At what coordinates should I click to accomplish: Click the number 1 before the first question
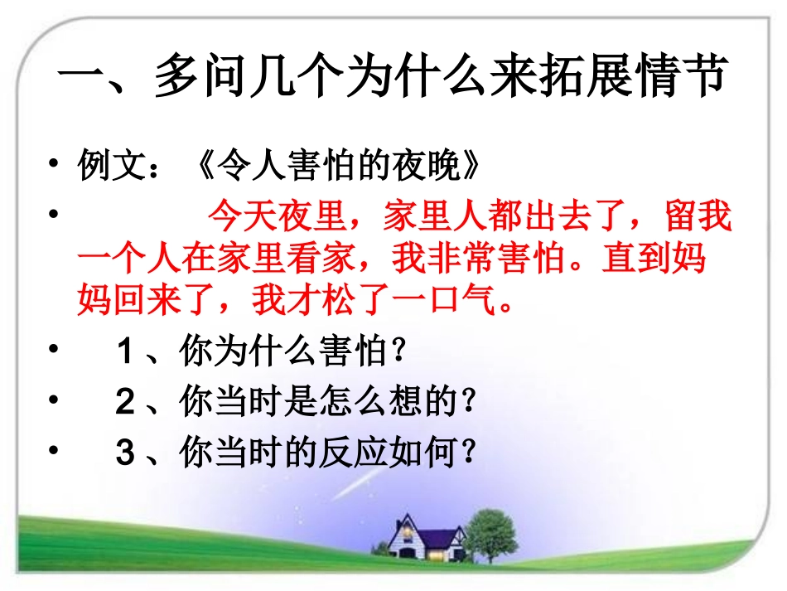(125, 354)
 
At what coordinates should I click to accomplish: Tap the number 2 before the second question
(125, 403)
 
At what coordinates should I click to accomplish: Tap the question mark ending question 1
(398, 354)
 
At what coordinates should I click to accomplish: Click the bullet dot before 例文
(54, 162)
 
